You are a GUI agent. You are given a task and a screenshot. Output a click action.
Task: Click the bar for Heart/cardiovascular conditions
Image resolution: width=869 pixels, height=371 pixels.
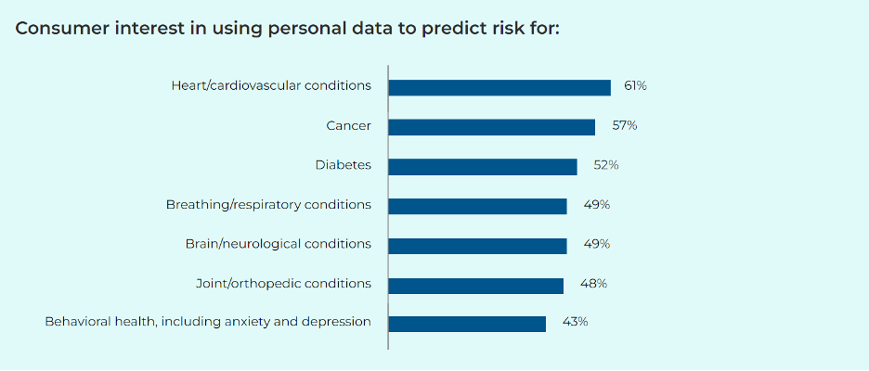499,87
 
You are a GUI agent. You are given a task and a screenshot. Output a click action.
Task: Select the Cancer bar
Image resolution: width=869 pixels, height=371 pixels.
492,127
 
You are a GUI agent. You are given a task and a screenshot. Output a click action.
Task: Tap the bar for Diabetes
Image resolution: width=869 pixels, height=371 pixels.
483,167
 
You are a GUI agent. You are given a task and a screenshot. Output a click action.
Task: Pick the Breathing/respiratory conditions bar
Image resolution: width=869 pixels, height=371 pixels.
477,206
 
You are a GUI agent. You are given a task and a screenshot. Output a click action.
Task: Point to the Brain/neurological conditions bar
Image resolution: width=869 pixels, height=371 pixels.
477,246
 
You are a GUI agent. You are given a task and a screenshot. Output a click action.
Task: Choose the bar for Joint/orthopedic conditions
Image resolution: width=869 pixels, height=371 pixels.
475,285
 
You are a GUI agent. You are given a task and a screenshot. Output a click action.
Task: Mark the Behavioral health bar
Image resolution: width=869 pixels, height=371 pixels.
467,324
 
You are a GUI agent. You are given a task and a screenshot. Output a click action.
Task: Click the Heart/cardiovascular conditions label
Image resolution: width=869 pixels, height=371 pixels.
271,85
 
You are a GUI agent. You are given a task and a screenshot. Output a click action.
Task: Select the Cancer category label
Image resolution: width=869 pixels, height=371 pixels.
348,125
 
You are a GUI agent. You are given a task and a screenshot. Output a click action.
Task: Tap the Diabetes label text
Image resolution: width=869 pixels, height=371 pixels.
343,165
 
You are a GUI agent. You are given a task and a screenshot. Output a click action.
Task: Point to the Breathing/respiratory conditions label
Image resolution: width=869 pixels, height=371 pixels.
268,204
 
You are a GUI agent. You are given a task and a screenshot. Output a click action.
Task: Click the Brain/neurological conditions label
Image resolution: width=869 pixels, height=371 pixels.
279,244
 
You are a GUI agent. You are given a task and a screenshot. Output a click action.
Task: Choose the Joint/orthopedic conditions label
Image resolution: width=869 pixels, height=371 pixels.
283,283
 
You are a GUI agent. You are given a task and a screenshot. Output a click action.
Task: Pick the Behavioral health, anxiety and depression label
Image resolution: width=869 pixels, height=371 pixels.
208,322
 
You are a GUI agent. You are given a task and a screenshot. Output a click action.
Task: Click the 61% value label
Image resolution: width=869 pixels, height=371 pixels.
635,85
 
